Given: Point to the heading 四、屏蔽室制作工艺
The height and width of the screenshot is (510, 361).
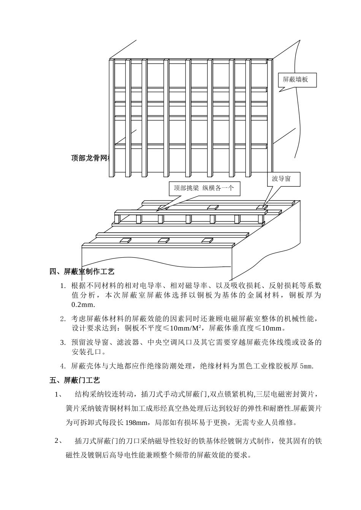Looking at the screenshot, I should coord(82,272).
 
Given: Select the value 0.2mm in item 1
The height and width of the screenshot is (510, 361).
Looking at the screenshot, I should coord(82,305).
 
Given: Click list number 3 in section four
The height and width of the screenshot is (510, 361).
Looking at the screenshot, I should coord(63,343).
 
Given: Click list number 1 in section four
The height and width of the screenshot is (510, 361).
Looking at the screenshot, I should coord(63,286).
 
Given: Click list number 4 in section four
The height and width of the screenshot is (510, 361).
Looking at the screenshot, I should coord(63,366).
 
